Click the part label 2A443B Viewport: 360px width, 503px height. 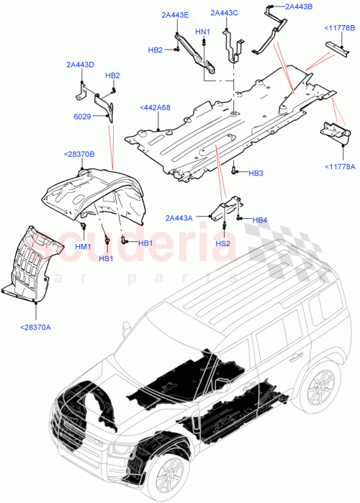pos(299,6)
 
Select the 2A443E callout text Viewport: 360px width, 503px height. pos(175,15)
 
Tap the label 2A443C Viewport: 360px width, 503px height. pos(225,12)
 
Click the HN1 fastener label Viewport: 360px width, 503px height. pos(202,32)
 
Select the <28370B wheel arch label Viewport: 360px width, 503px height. pos(79,154)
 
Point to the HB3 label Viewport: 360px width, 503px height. pos(257,173)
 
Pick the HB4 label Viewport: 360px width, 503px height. pos(261,219)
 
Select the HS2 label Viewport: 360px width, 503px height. pos(222,244)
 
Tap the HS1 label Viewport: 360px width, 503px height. pos(107,258)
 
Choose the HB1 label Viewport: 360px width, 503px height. pos(145,243)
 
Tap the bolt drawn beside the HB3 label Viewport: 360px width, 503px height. pos(235,173)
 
